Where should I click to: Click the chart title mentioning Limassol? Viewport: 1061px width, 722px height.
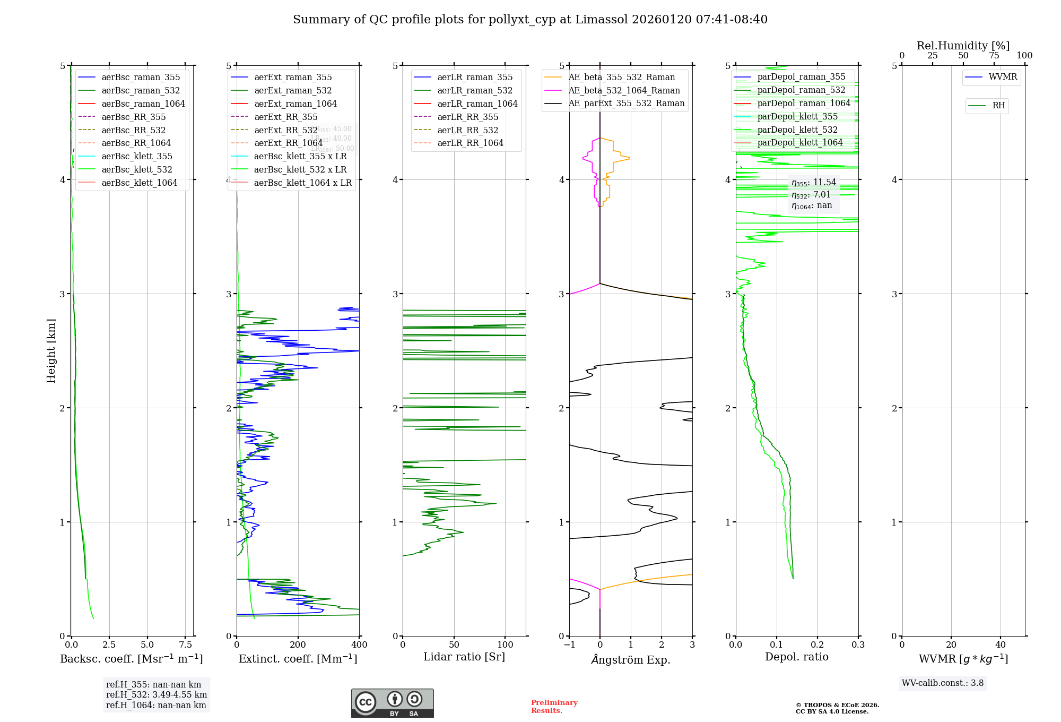(x=530, y=20)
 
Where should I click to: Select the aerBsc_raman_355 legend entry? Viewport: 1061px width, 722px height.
(x=141, y=78)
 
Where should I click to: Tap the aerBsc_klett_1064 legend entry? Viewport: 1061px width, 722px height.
(x=139, y=183)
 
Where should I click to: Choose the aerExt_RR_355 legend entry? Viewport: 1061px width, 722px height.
(x=285, y=117)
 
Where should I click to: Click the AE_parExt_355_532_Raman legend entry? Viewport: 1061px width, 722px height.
(x=626, y=104)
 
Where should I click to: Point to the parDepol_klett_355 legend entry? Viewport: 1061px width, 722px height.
(x=797, y=116)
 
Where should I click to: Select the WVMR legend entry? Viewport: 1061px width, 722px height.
(x=1003, y=77)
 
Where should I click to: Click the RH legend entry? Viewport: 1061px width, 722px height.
(x=998, y=106)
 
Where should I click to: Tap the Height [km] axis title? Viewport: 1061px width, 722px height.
(x=51, y=351)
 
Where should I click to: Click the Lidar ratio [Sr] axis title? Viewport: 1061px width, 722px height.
(x=464, y=657)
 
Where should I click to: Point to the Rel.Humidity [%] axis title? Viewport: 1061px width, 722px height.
(x=963, y=46)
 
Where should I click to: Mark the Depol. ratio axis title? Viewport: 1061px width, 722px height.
(x=796, y=657)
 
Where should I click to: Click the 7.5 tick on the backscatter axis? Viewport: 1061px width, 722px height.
(x=186, y=645)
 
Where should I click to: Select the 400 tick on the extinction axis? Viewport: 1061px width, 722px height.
(x=359, y=645)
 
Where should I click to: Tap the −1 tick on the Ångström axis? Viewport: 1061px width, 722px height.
(x=569, y=645)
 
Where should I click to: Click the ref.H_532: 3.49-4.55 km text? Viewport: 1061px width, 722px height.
(x=156, y=695)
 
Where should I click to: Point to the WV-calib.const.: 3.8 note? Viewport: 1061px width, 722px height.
(x=943, y=683)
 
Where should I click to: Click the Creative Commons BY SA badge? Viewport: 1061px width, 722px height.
(x=392, y=703)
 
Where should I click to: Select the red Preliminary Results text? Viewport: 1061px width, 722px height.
(x=554, y=707)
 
